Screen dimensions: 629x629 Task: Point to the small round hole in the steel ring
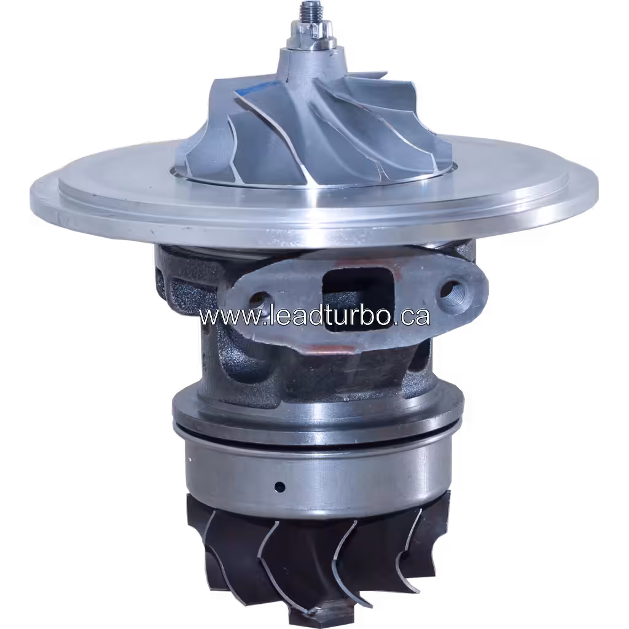tap(280, 487)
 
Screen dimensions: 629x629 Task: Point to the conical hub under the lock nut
tap(307, 68)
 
